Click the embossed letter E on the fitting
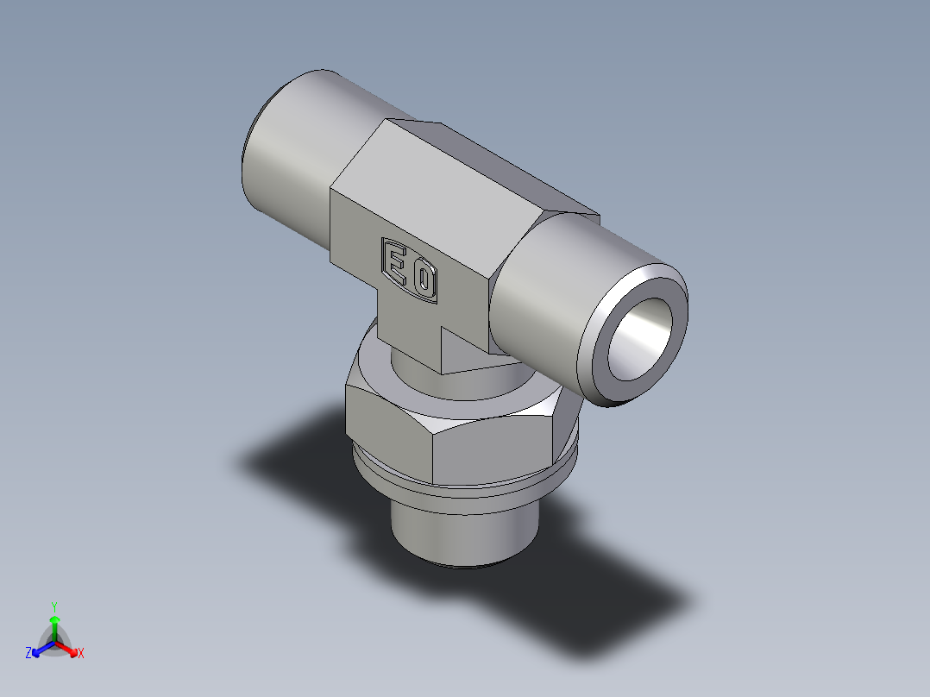[397, 261]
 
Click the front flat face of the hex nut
[492, 449]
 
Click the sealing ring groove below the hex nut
[466, 492]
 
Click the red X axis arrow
[69, 647]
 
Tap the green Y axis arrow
[54, 623]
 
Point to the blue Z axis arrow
[40, 648]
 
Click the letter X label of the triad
[81, 654]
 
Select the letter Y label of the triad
[54, 606]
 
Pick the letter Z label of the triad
[28, 654]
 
